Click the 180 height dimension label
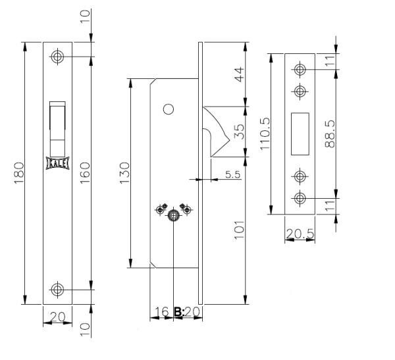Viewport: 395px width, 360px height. click(x=19, y=173)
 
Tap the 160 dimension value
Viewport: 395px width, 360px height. click(x=85, y=173)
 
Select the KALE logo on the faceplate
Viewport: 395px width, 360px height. click(x=58, y=163)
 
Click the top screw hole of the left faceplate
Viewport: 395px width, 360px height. click(x=57, y=57)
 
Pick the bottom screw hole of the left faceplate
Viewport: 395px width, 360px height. click(x=57, y=290)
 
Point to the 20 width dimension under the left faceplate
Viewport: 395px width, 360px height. click(x=58, y=317)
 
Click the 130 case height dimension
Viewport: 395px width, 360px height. click(x=124, y=173)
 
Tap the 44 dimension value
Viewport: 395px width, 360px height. click(x=240, y=74)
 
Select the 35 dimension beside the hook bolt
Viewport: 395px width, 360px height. click(x=240, y=132)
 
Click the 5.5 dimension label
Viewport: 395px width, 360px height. click(x=233, y=174)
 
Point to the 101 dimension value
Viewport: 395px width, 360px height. click(x=240, y=230)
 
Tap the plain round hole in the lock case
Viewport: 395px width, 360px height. click(x=169, y=109)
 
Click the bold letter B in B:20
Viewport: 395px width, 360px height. click(x=178, y=312)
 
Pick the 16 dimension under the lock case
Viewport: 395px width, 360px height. click(x=161, y=312)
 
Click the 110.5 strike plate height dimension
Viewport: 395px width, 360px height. click(x=265, y=134)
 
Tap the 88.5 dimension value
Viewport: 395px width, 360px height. click(x=330, y=134)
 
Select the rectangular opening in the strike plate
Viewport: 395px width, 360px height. click(x=300, y=134)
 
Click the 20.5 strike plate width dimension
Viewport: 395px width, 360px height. click(x=300, y=234)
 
